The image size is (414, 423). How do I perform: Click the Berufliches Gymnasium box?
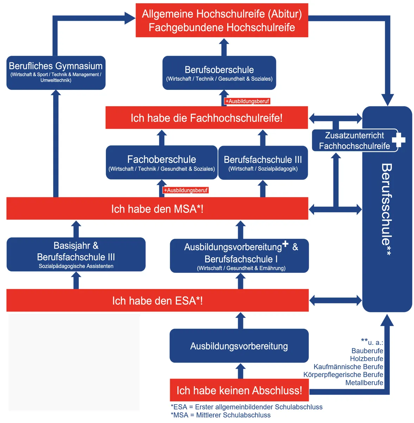coord(56,73)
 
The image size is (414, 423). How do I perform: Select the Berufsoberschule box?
coord(219,73)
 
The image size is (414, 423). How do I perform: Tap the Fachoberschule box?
coord(161,163)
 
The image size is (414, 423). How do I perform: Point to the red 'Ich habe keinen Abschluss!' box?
coord(239,390)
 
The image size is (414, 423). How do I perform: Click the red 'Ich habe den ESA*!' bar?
coord(157,301)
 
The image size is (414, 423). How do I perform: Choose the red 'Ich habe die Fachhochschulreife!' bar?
coord(206,118)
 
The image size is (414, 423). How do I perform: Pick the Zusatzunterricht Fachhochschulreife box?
coord(354,141)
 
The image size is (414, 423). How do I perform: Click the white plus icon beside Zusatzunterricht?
coord(399,140)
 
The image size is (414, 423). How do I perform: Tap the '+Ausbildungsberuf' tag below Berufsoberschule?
coord(247,101)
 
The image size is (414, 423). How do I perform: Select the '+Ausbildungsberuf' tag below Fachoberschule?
coord(186,190)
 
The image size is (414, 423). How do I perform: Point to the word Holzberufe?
coord(367,359)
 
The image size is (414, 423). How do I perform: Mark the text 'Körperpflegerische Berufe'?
coord(343,375)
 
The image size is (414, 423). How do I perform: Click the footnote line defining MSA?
coord(221,415)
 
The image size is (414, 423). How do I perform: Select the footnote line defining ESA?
coord(247,407)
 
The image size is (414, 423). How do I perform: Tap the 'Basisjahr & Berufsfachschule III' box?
coord(76,254)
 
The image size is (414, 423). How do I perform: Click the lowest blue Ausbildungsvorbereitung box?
coord(239,346)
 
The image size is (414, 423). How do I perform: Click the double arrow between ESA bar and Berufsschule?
coord(336,301)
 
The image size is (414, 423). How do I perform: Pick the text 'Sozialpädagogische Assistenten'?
coord(76,266)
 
